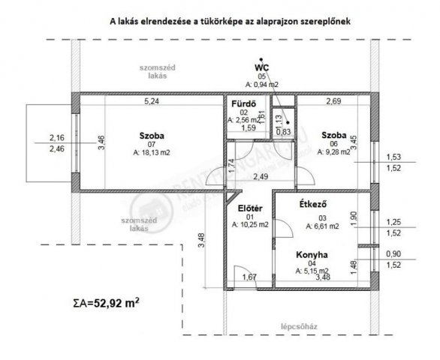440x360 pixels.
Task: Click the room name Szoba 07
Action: [151, 135]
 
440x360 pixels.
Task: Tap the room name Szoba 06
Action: [334, 135]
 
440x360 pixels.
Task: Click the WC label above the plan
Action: [261, 67]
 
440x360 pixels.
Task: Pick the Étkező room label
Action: [312, 202]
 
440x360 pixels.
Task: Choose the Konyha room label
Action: [312, 253]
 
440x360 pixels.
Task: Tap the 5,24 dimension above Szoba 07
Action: [152, 99]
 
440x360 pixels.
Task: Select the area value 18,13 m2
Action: [152, 151]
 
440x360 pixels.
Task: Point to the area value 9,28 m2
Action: [335, 151]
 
